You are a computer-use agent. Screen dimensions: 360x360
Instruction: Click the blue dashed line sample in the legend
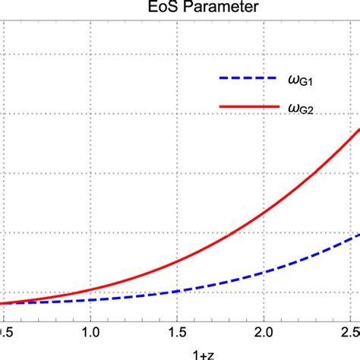click(245, 78)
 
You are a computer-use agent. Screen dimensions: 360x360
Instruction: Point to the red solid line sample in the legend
click(245, 107)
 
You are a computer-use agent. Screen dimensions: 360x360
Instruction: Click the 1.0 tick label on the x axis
click(90, 333)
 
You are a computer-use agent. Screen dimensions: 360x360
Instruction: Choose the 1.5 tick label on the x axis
click(176, 333)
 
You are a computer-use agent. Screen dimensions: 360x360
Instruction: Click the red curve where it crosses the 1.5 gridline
click(176, 262)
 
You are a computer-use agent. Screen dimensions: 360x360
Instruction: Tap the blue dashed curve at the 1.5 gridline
click(176, 291)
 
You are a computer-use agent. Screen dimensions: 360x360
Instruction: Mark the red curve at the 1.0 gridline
click(90, 290)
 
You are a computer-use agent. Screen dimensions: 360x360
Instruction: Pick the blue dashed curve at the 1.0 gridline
click(90, 300)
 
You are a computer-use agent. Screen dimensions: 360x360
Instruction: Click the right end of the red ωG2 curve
click(358, 131)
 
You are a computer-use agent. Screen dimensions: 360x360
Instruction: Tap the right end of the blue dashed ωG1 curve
click(358, 235)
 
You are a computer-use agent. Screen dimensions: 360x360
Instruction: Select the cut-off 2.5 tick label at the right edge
click(351, 333)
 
